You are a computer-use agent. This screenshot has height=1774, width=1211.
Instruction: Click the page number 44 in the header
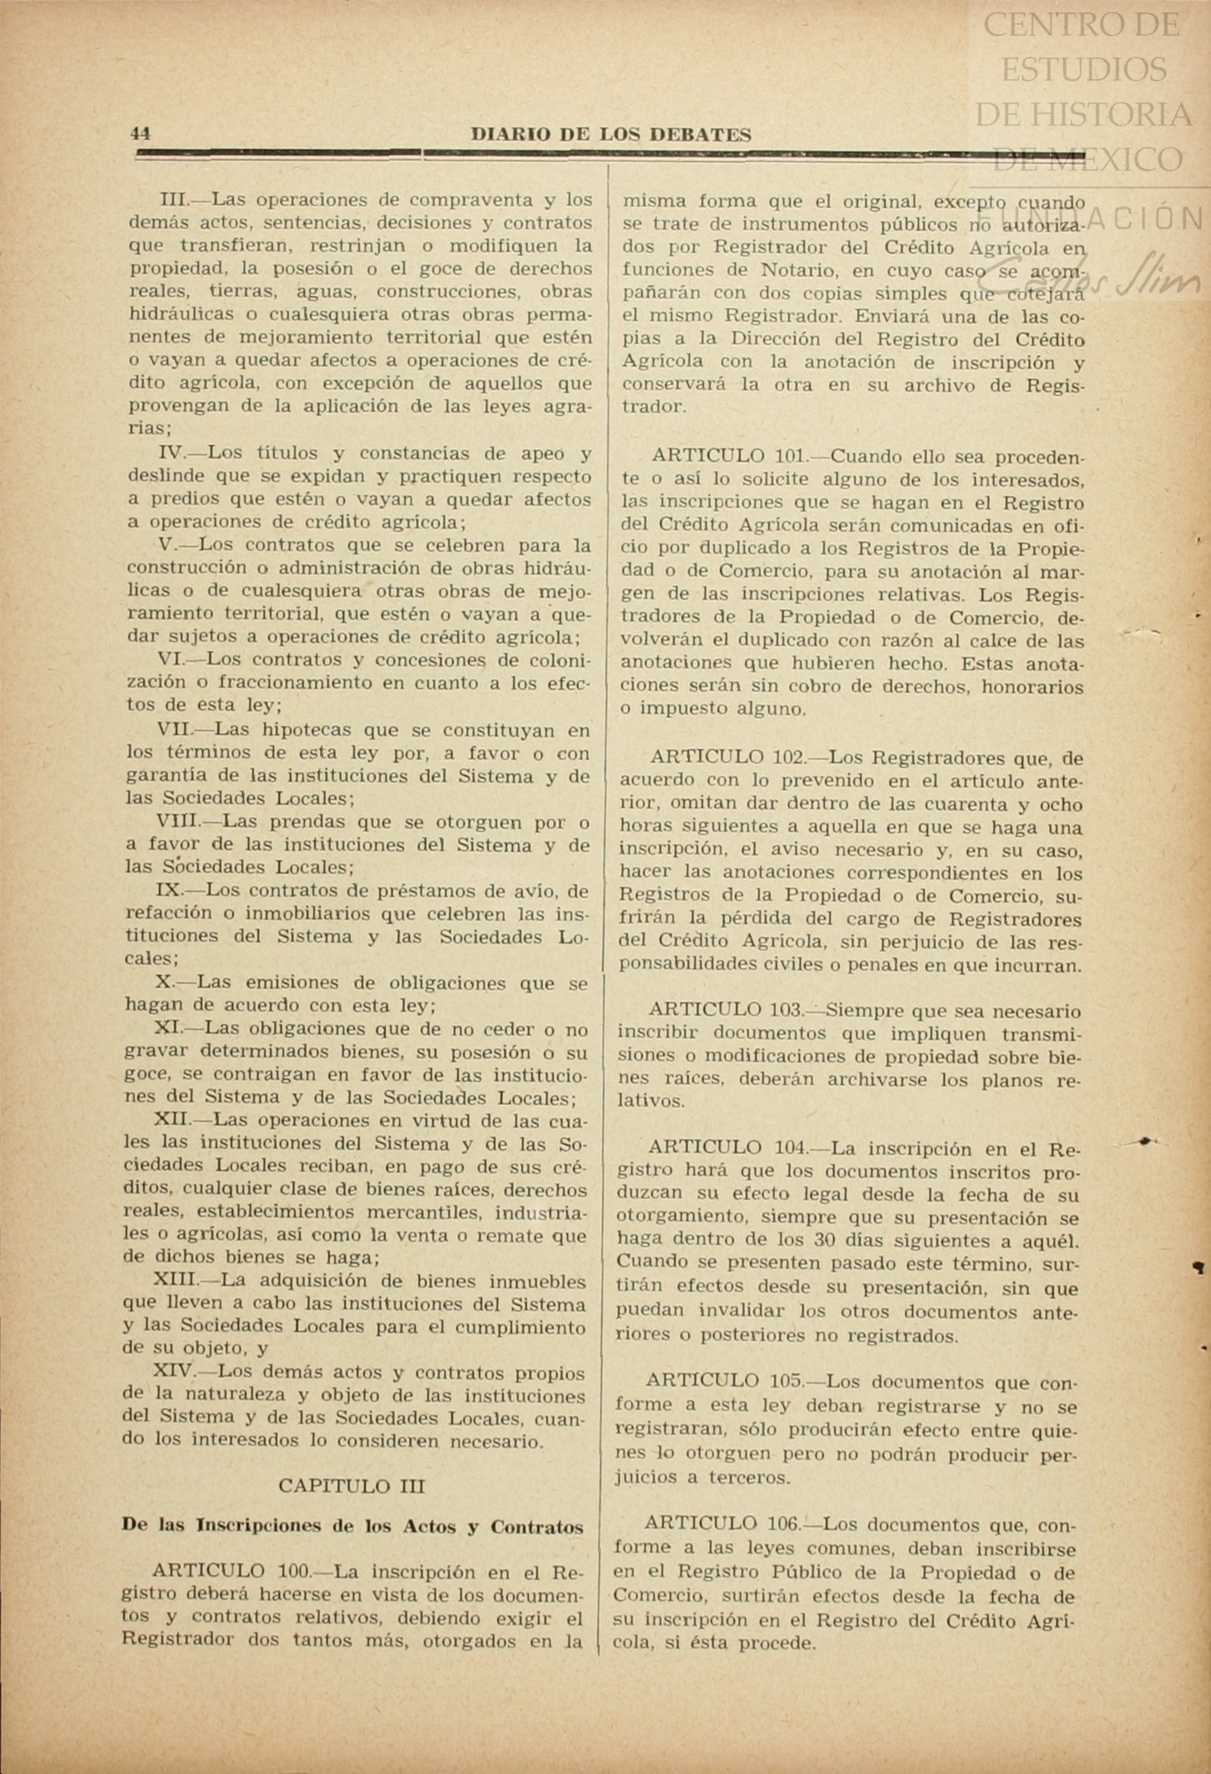(x=139, y=134)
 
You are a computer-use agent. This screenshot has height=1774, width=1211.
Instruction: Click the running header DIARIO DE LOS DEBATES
(x=611, y=134)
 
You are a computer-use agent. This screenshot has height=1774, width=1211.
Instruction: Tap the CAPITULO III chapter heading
(x=352, y=1486)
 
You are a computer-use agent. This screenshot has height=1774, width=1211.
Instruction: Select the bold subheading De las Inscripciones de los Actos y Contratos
(x=352, y=1526)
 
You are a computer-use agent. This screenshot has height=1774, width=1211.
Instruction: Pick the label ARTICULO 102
(x=727, y=758)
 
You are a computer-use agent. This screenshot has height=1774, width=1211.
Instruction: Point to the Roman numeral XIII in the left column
(x=174, y=1280)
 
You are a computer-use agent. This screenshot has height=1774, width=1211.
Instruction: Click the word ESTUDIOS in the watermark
(x=1083, y=69)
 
